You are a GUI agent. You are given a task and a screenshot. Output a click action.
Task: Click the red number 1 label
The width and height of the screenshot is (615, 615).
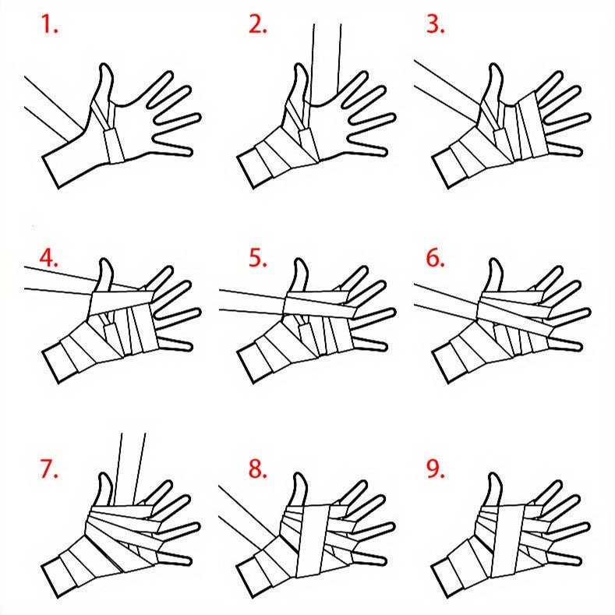point(49,24)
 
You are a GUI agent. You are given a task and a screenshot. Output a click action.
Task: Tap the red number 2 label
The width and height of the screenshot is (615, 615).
point(258,24)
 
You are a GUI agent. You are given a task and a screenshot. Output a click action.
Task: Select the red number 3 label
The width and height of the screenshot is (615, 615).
point(436,24)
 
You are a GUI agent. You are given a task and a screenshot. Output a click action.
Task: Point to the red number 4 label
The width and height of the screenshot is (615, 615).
point(48,258)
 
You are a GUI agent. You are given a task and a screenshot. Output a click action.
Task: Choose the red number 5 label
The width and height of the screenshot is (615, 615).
point(258,258)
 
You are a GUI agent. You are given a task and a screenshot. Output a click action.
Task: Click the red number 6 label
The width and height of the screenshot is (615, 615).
point(436,258)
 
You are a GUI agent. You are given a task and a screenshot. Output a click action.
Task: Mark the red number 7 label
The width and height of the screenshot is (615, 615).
point(49,469)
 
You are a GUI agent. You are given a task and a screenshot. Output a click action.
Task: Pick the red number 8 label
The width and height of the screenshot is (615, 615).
point(258,469)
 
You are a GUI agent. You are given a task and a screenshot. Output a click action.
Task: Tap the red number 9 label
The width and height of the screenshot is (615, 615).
point(436,469)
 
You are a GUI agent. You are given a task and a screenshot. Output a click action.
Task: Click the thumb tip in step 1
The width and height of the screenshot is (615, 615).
point(104,65)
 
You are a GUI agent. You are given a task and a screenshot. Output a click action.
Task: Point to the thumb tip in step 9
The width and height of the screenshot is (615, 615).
point(494,475)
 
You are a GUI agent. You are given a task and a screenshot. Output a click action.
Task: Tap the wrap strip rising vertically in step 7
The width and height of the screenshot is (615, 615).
point(130,468)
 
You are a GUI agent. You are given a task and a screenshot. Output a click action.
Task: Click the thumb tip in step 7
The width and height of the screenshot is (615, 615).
point(104,475)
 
